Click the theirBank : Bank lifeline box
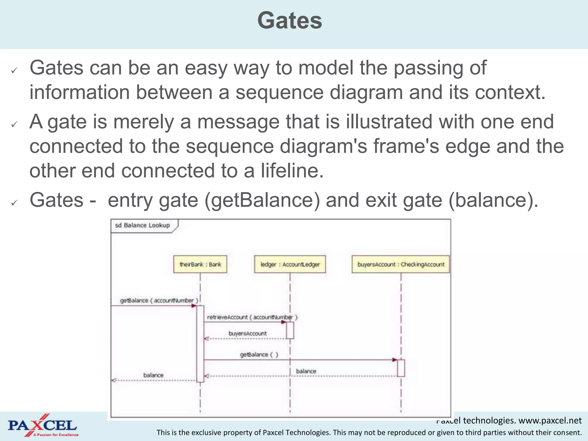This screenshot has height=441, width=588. pos(200,264)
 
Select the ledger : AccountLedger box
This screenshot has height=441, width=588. pos(290,264)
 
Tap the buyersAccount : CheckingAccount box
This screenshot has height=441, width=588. pos(401,264)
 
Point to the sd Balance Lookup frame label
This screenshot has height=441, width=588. pos(143,225)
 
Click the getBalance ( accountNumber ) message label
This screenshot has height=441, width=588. pos(159,300)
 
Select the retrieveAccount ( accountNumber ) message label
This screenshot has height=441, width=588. pos(252,317)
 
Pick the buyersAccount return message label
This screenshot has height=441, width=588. pos(247,333)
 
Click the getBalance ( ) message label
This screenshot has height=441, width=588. pos(259,355)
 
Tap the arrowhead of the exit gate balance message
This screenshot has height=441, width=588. pos(113,380)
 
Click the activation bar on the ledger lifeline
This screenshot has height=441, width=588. pos(290,330)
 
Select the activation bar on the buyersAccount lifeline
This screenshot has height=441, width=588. pos(401,368)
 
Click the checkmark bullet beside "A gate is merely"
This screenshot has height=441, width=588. pos(14,124)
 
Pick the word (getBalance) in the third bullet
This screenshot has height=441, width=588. pos(262,200)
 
